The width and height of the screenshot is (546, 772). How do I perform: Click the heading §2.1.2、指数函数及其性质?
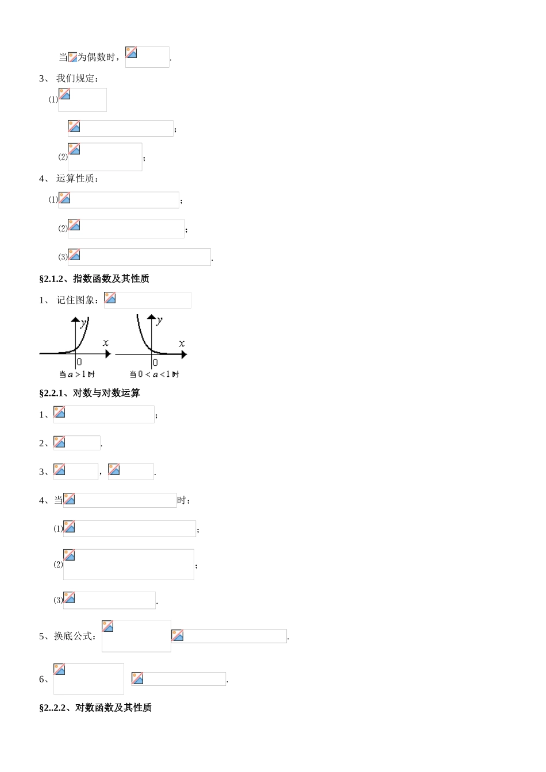[x=94, y=279]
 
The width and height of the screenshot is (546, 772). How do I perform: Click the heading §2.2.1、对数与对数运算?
[x=89, y=393]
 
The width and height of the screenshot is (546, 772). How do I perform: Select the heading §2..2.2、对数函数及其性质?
[x=95, y=708]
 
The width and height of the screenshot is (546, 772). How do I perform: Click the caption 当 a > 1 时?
[x=77, y=374]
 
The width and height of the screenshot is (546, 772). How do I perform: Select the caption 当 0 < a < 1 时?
[x=154, y=374]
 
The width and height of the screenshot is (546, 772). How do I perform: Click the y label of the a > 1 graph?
[x=83, y=323]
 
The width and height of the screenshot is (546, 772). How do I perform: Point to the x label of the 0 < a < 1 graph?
[x=182, y=343]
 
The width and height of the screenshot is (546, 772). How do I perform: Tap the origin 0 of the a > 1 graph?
[x=79, y=362]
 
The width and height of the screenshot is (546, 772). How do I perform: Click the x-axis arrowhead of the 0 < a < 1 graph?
[x=184, y=354]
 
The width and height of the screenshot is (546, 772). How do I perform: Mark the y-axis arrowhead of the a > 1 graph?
[x=75, y=319]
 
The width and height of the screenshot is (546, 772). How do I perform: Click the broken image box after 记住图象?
[x=148, y=300]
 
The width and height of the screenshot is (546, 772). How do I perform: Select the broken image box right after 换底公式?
[x=136, y=636]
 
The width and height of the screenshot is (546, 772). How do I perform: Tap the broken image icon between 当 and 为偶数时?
[x=72, y=57]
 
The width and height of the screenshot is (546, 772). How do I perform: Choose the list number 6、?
[x=44, y=679]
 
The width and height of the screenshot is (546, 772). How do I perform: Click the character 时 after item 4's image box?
[x=182, y=500]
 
